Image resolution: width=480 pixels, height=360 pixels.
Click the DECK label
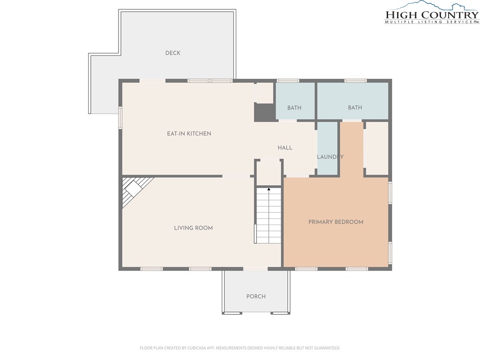(x=172, y=53)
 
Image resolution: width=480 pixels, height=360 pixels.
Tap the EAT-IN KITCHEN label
(x=189, y=134)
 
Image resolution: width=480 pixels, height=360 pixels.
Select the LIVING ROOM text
(x=193, y=228)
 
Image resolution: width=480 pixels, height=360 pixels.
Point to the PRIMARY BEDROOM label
(x=336, y=222)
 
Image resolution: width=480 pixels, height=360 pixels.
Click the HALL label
(x=285, y=148)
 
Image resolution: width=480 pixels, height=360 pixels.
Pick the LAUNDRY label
(x=330, y=157)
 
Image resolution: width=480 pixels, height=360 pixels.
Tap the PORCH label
(x=256, y=296)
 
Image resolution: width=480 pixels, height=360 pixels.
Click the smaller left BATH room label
(x=294, y=108)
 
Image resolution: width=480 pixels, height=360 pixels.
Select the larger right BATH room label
(x=355, y=107)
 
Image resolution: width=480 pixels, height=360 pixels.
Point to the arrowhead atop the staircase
(x=269, y=189)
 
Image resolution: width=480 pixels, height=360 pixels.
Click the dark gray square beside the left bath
(x=264, y=112)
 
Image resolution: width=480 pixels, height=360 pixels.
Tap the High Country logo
(x=432, y=13)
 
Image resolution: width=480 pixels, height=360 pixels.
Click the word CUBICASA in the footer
(x=199, y=348)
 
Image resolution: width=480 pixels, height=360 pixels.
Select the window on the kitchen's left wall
(x=120, y=117)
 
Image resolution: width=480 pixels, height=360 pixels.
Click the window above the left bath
(x=288, y=81)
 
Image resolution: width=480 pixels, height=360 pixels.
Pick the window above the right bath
(x=355, y=81)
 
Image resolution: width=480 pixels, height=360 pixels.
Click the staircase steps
(x=269, y=216)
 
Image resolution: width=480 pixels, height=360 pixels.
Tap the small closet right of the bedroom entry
(x=377, y=149)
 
